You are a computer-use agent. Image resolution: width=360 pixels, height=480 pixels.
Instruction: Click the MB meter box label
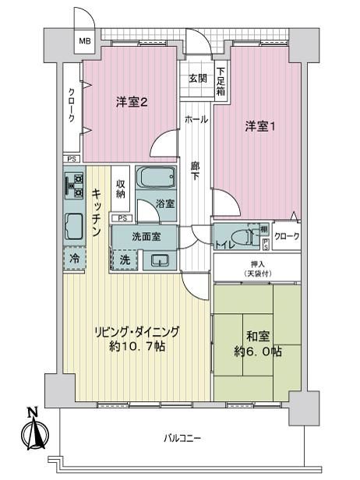85,41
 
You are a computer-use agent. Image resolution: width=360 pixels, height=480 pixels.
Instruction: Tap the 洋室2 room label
132,102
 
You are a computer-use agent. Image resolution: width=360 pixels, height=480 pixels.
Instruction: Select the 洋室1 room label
259,126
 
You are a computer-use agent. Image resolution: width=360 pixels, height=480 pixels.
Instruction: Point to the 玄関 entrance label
197,79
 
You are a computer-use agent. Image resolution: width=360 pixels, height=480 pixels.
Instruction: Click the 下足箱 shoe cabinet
221,81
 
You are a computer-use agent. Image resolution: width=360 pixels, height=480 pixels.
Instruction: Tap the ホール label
196,119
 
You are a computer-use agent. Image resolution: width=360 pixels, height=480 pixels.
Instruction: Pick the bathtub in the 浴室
156,177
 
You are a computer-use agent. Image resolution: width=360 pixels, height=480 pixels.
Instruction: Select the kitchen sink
74,227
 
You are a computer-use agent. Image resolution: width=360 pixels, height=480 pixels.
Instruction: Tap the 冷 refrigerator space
74,259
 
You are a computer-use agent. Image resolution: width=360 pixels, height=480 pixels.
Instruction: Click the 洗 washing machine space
125,260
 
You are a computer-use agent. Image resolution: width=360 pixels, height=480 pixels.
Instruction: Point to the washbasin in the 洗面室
160,260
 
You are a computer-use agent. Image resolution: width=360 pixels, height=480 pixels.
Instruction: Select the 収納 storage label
120,189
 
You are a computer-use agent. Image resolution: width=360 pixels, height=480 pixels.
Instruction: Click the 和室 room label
258,336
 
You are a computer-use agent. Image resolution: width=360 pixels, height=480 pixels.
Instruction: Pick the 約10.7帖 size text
137,346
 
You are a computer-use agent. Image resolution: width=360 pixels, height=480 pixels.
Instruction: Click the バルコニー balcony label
182,438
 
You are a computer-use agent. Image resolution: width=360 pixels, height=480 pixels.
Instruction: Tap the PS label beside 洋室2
72,159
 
